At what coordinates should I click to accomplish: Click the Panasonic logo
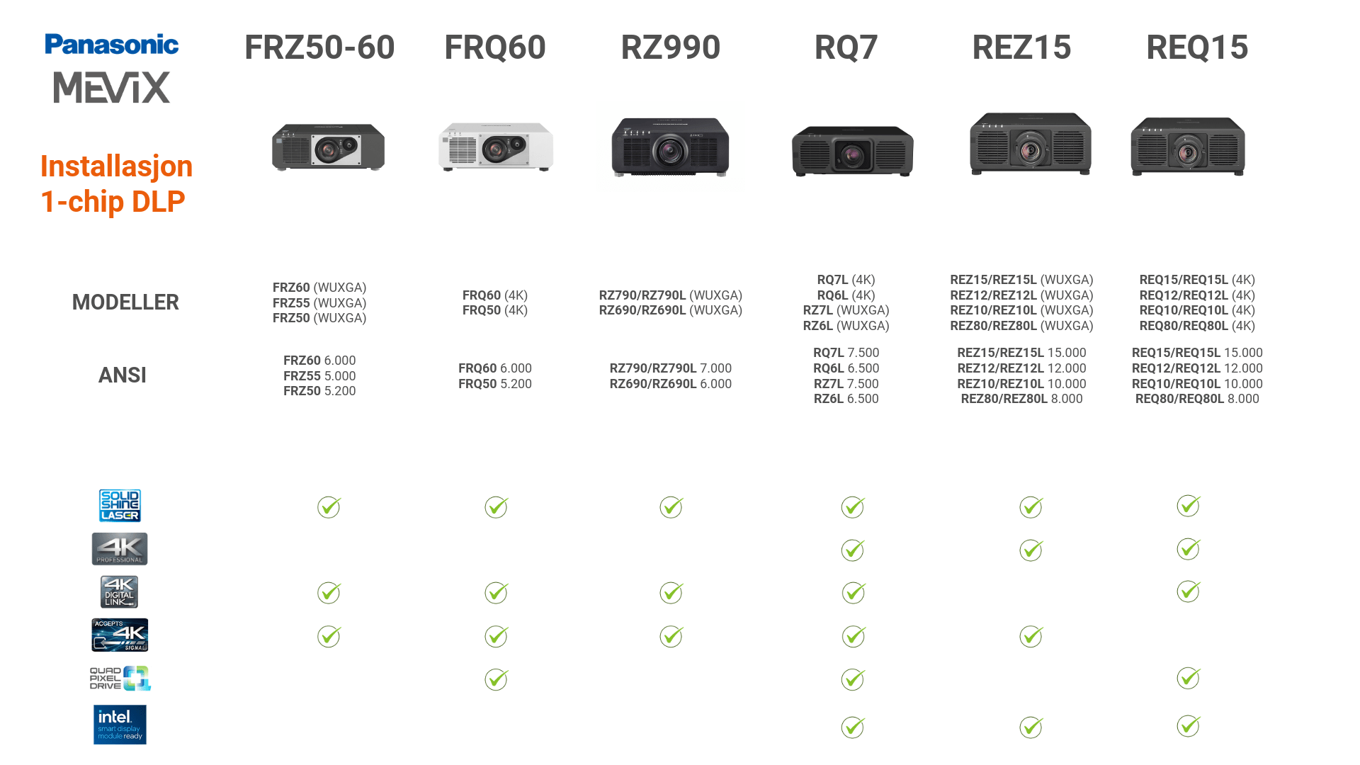pos(111,45)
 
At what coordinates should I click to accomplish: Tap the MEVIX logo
pos(112,88)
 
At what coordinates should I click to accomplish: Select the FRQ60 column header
pos(494,47)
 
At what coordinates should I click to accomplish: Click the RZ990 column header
pos(670,47)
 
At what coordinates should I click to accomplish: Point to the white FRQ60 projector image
pos(495,147)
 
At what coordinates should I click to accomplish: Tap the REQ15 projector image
pos(1188,147)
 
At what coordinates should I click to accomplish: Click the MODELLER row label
pos(125,302)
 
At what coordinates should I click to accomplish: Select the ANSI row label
pos(123,375)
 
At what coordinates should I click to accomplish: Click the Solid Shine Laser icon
pos(120,506)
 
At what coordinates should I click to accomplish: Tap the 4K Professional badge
pos(120,549)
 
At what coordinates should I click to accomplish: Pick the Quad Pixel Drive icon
pos(120,678)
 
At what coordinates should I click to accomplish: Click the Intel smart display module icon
pos(120,725)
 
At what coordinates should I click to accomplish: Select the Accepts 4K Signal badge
pos(120,635)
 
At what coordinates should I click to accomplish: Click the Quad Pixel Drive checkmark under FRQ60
pos(497,679)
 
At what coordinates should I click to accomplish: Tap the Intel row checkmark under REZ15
pos(1031,727)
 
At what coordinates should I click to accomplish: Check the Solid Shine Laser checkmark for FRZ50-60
pos(329,507)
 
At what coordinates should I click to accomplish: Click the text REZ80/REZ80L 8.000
pos(1021,399)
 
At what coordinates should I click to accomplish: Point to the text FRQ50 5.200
pos(494,384)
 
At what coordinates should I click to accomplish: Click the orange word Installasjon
pos(116,166)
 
